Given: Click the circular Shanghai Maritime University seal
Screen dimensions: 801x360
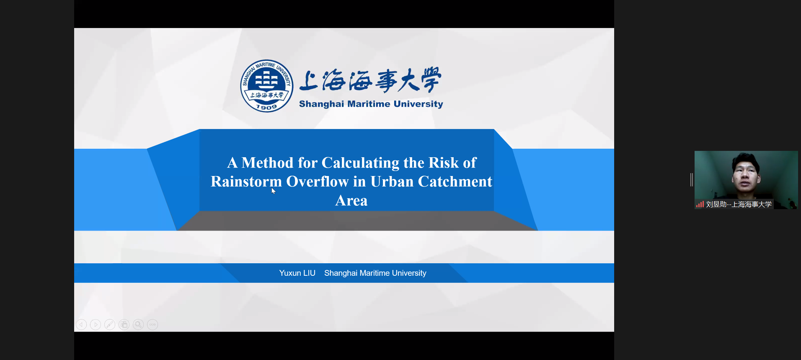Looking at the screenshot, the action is [x=266, y=86].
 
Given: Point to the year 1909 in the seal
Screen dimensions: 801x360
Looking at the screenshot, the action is [x=266, y=107].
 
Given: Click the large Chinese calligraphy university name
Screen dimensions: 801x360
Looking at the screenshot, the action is [x=371, y=80].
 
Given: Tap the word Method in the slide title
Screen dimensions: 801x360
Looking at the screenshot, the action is [x=267, y=163].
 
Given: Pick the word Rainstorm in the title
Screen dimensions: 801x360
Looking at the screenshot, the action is [x=246, y=181].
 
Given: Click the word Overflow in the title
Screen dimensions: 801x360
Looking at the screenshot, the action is [x=317, y=181].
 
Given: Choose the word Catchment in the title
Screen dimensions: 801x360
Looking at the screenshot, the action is [x=455, y=181].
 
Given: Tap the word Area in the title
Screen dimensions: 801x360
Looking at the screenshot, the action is [x=351, y=201].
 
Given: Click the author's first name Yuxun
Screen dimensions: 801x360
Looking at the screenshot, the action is [x=290, y=273].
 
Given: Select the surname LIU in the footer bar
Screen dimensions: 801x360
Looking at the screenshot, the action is [x=309, y=273].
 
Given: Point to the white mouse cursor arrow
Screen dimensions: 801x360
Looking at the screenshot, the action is [x=273, y=191].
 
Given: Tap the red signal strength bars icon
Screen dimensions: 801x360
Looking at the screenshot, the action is [x=700, y=205].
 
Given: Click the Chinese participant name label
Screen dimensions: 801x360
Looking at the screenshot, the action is [x=739, y=205].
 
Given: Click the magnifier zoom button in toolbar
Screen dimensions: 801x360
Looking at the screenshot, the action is [x=138, y=324].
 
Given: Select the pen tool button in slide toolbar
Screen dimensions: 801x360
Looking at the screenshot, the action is [x=110, y=324].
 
